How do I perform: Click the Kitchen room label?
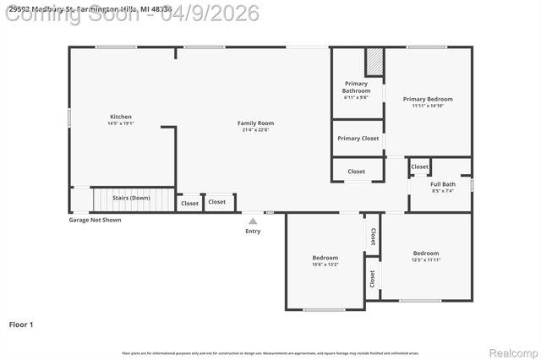tap(121, 117)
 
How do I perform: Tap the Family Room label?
tap(255, 123)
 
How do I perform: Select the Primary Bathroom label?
tap(356, 88)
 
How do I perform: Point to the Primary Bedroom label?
tap(427, 99)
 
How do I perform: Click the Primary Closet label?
tap(358, 138)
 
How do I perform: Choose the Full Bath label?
tap(443, 184)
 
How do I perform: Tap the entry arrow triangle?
tap(253, 221)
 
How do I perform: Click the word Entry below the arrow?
tap(253, 231)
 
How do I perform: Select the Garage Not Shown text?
tap(95, 220)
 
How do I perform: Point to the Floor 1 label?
tap(21, 324)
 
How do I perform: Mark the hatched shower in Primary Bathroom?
tap(374, 62)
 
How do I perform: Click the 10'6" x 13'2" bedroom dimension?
tap(325, 265)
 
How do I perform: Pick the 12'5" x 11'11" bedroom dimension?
tap(426, 259)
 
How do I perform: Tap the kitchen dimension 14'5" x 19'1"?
tap(121, 123)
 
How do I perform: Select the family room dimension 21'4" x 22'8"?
tap(255, 129)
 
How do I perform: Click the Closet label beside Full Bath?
tap(420, 167)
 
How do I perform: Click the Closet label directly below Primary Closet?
tap(357, 172)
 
